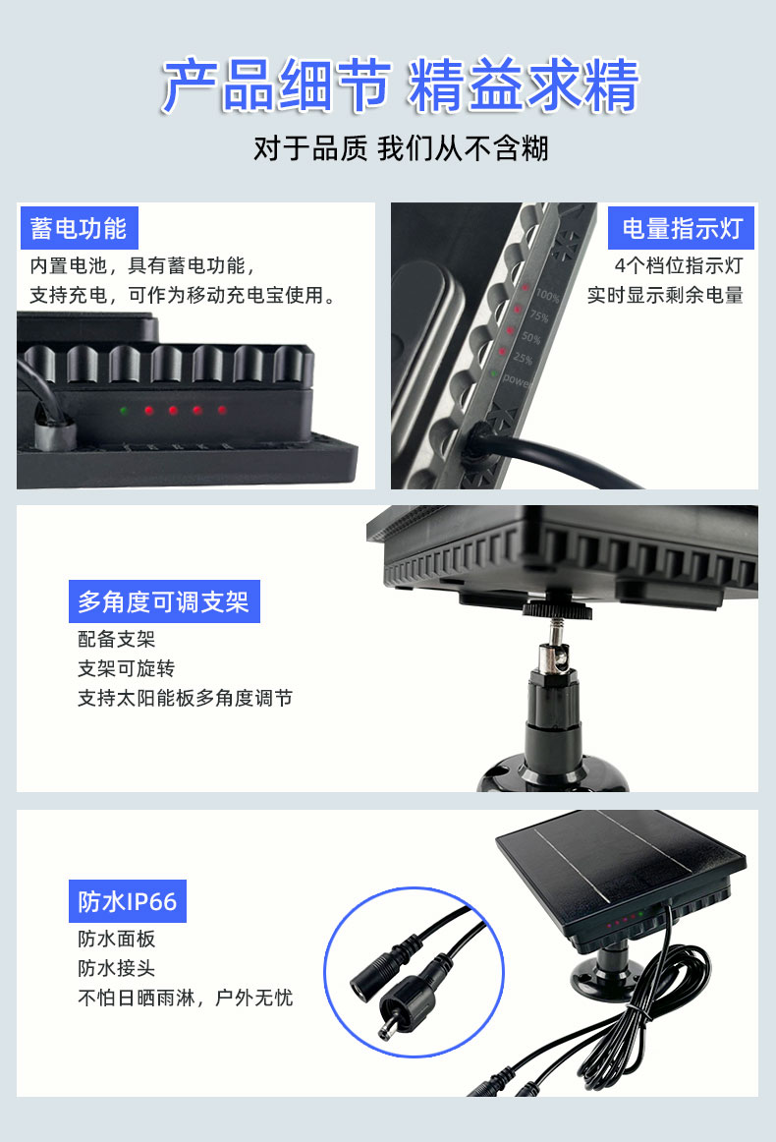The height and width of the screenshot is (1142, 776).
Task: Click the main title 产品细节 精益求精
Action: pyautogui.click(x=400, y=86)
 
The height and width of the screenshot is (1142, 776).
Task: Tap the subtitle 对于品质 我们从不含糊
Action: pyautogui.click(x=400, y=149)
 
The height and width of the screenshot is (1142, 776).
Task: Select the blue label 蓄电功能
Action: pyautogui.click(x=79, y=229)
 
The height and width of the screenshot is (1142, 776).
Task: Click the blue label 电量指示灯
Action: pyautogui.click(x=682, y=229)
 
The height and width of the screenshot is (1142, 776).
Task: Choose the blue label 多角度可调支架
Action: pyautogui.click(x=163, y=601)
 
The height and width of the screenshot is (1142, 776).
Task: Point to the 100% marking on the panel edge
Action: pyautogui.click(x=546, y=296)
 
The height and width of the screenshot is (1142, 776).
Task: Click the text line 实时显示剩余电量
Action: pyautogui.click(x=665, y=295)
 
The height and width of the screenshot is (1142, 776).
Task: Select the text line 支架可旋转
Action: pyautogui.click(x=126, y=668)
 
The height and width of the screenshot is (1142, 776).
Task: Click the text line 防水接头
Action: pyautogui.click(x=116, y=968)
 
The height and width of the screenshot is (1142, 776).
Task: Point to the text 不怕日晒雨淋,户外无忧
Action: pyautogui.click(x=185, y=998)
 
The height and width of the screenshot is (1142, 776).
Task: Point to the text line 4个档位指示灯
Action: pyautogui.click(x=678, y=265)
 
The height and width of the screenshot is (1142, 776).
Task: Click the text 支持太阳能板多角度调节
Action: pyautogui.click(x=185, y=698)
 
